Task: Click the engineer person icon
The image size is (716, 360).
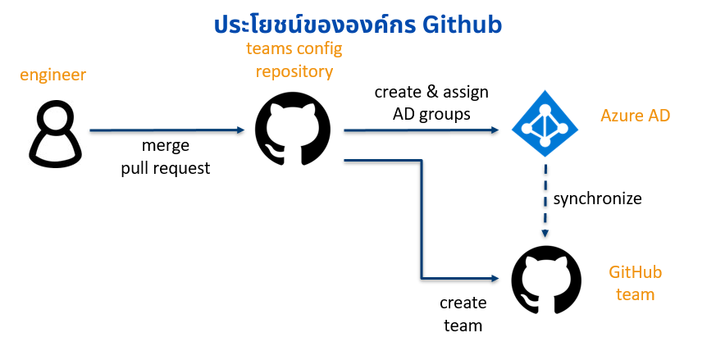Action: coord(55,134)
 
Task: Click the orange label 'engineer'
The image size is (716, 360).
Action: coord(53,75)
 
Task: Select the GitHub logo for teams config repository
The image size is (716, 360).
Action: coord(292,129)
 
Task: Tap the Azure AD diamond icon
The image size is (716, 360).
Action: coord(545,123)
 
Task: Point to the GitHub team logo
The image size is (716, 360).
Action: coord(546,280)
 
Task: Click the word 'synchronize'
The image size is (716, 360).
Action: coord(597,198)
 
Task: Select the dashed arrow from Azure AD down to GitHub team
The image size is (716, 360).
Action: coord(545,201)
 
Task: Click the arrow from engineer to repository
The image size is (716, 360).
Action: coord(167,130)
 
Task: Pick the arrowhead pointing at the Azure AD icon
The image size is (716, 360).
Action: coord(495,130)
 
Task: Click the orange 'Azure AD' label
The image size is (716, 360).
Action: coord(635,116)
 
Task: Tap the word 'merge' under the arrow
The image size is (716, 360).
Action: coord(166,146)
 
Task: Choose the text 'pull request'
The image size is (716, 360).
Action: coord(166,168)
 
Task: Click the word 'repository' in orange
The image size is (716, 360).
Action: coord(294,71)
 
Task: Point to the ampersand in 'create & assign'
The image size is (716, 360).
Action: coord(432,92)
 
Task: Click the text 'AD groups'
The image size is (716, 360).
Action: coord(431,114)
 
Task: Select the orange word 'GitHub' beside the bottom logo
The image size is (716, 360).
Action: coord(635,272)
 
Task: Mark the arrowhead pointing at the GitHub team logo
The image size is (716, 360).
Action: coord(495,278)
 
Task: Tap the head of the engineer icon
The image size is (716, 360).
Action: coord(55,116)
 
